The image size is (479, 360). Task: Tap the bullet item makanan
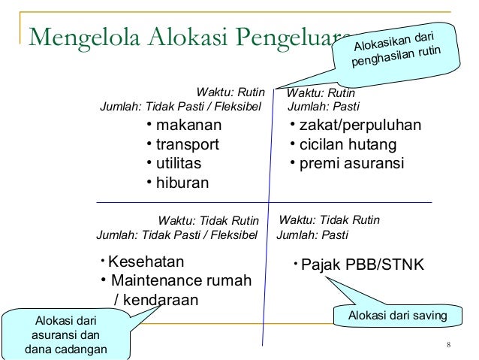pyautogui.click(x=188, y=125)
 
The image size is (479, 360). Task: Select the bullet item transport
pyautogui.click(x=187, y=144)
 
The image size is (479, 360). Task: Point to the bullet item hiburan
pyautogui.click(x=182, y=183)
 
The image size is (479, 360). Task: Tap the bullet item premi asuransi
pyautogui.click(x=351, y=163)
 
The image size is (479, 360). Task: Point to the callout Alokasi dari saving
pyautogui.click(x=394, y=316)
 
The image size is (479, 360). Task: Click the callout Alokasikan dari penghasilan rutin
pyautogui.click(x=396, y=48)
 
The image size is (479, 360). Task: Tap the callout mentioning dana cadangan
pyautogui.click(x=66, y=336)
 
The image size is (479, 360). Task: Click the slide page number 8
pyautogui.click(x=447, y=345)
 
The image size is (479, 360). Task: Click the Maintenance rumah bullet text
pyautogui.click(x=180, y=281)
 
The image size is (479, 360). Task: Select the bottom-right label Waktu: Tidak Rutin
pyautogui.click(x=330, y=220)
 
